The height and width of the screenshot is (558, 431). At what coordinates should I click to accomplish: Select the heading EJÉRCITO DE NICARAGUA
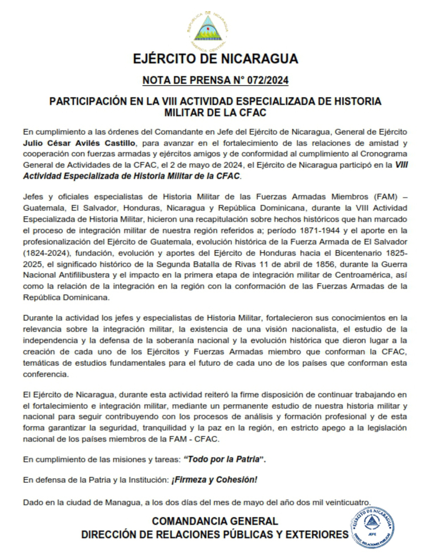click(x=215, y=58)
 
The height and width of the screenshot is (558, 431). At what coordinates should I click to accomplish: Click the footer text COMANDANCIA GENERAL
click(x=215, y=521)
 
